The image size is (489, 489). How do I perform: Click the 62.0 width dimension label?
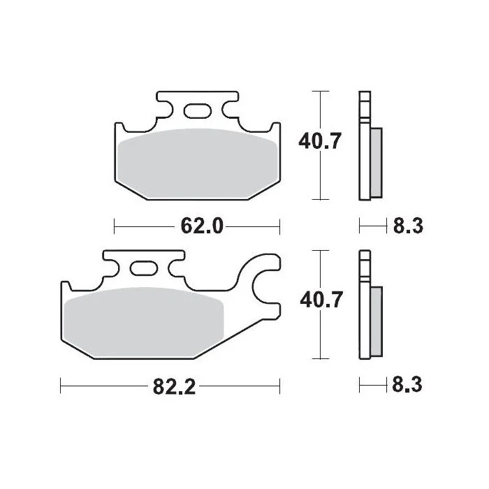(x=202, y=226)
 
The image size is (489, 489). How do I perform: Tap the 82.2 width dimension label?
(x=174, y=387)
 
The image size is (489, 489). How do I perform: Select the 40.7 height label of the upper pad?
(x=320, y=141)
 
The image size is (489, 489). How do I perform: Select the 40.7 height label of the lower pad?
(x=321, y=300)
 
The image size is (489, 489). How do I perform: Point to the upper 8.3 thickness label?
(x=408, y=226)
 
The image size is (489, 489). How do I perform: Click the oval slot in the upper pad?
(x=198, y=111)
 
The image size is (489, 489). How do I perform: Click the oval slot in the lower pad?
(x=143, y=268)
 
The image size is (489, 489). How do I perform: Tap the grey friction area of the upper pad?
(x=198, y=164)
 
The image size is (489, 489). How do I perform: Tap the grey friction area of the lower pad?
(x=143, y=323)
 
